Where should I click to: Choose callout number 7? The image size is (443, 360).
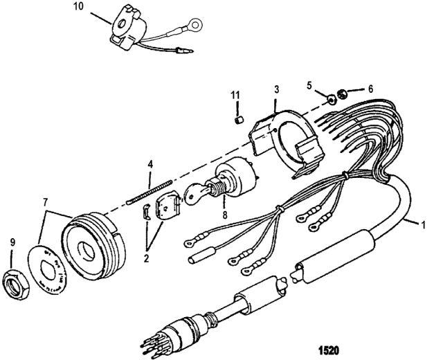point(45,203)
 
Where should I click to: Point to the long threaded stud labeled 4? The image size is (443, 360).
point(150,188)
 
